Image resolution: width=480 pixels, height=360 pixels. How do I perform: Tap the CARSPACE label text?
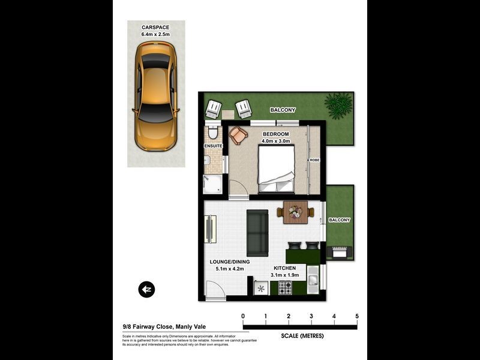tap(155, 28)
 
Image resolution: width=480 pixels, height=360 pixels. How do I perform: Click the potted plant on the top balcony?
tap(338, 104)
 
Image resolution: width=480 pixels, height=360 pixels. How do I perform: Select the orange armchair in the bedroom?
tap(238, 136)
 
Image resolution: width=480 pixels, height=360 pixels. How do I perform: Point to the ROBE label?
tap(314, 160)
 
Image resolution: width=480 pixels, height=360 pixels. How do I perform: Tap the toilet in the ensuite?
tap(213, 133)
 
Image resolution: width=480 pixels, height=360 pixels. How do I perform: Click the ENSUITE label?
tap(213, 146)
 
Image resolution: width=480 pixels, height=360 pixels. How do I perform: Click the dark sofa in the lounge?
tap(257, 233)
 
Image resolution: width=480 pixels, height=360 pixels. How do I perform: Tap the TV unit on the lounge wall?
tap(211, 229)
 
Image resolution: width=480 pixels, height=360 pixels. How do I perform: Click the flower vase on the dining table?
tap(295, 211)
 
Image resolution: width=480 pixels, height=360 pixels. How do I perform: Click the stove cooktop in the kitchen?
tap(284, 288)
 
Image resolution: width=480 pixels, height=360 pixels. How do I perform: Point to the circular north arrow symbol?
tap(146, 290)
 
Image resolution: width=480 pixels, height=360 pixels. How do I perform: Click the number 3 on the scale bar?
tap(311, 316)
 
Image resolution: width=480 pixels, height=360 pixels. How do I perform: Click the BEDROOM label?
tap(275, 134)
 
